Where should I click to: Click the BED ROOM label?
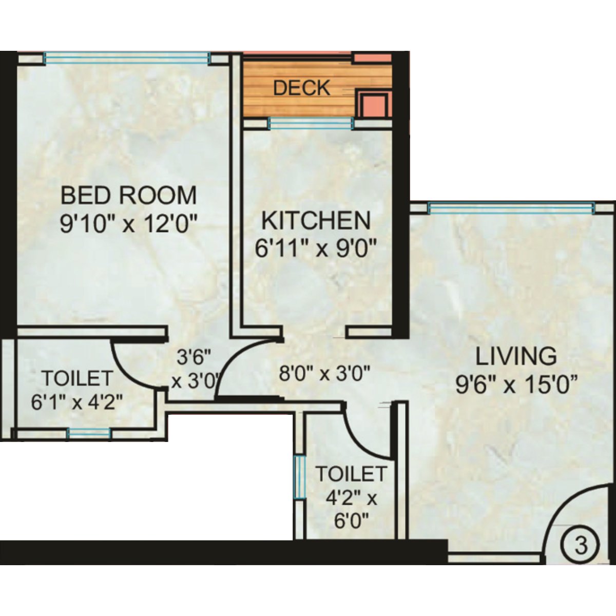point(128,196)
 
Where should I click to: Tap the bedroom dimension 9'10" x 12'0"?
point(128,224)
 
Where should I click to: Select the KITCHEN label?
point(316,221)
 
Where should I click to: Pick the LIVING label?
point(515,356)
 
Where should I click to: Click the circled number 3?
point(581,545)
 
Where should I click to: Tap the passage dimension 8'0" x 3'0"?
point(324,373)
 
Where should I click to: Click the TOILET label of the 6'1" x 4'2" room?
point(77,378)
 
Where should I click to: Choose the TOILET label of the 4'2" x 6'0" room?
point(351,473)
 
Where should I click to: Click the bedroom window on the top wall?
point(126,58)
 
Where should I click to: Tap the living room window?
point(511,208)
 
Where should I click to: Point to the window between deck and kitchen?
point(311,123)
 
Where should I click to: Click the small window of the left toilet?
point(89,433)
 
